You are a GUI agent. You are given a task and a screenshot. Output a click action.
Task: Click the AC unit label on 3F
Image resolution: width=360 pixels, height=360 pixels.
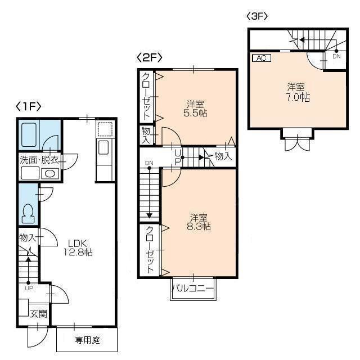[x=262, y=58]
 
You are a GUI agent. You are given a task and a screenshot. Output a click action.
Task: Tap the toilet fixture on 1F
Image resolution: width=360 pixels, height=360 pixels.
[x=28, y=213]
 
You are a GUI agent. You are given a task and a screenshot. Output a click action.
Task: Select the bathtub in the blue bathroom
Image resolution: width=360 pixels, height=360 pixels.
[x=29, y=134]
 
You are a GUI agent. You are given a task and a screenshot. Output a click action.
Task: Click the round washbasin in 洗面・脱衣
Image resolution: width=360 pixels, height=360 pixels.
[x=50, y=174]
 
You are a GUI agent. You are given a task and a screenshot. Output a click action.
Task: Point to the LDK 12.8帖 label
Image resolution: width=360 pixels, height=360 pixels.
[x=78, y=247]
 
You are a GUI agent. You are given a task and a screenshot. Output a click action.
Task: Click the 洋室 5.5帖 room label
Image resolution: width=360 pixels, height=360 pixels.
[x=195, y=109]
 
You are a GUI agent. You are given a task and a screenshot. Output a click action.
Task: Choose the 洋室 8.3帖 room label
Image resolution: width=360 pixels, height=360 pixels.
[x=199, y=222]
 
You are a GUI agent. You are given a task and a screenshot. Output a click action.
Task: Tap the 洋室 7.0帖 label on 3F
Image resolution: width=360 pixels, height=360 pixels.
[x=298, y=92]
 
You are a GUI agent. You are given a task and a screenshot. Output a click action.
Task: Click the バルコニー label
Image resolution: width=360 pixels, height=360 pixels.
[x=193, y=288]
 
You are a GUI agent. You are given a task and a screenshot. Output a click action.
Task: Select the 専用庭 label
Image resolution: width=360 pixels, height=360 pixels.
[x=88, y=340]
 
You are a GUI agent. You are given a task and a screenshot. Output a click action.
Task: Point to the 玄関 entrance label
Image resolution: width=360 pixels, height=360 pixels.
[x=39, y=314]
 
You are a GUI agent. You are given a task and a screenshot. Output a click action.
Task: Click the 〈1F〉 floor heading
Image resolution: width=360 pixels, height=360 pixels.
[x=29, y=106]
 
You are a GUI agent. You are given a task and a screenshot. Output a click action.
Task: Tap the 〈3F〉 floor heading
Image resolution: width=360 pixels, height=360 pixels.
[x=257, y=16]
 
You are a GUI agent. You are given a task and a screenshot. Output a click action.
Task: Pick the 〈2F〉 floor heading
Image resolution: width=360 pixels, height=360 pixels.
[x=149, y=57]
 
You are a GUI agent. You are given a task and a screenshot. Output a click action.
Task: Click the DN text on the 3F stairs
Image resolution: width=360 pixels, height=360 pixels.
[x=336, y=56]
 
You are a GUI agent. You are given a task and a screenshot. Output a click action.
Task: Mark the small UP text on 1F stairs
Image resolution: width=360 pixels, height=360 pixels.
[x=29, y=289]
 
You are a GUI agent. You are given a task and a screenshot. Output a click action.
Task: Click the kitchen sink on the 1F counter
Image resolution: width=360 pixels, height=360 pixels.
[x=103, y=147]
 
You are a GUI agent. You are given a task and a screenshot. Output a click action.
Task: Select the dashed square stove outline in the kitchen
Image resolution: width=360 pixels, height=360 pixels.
[x=105, y=129]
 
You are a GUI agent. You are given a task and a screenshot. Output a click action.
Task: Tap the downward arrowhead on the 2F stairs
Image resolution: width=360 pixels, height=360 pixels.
[x=150, y=215]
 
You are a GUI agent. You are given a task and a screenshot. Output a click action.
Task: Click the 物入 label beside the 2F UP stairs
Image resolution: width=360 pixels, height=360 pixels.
[x=223, y=156]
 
